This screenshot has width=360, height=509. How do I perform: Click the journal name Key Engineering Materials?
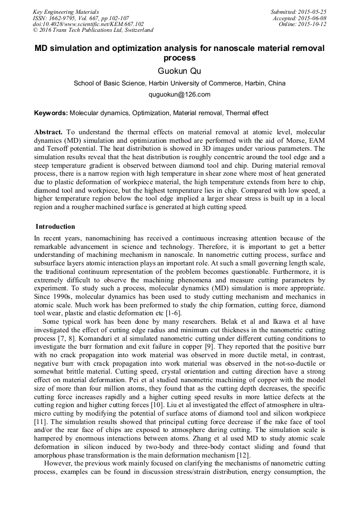click(65, 12)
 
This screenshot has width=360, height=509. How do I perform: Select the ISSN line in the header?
click(81, 18)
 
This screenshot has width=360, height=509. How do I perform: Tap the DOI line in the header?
click(88, 24)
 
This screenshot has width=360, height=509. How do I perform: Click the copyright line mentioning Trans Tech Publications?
click(93, 30)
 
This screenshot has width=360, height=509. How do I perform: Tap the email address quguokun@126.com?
click(179, 94)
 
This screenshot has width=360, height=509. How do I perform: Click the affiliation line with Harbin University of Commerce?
click(179, 83)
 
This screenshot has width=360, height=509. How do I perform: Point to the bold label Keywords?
click(51, 113)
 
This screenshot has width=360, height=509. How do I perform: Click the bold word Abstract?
click(48, 132)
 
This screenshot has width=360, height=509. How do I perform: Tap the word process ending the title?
click(179, 58)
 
